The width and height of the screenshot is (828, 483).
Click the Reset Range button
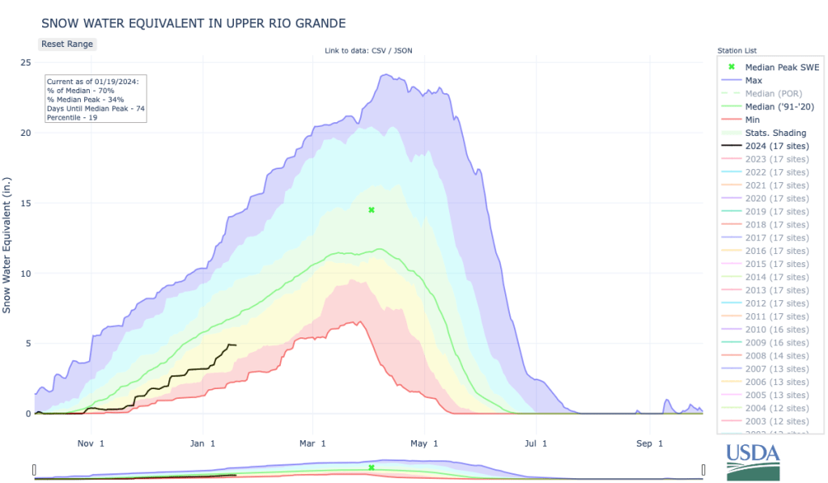(67, 44)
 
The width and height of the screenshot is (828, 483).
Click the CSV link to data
(378, 51)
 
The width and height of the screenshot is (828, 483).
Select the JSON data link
(403, 51)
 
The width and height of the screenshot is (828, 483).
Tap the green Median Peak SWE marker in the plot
(372, 210)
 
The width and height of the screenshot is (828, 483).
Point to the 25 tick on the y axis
(26, 63)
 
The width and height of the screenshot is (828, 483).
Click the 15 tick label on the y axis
(26, 203)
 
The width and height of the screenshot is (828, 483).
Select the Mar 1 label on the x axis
(312, 443)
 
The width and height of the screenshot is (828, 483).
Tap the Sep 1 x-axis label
(649, 443)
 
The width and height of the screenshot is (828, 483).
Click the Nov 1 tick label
(91, 443)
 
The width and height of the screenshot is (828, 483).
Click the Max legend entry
(753, 80)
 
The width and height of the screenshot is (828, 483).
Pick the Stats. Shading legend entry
(775, 133)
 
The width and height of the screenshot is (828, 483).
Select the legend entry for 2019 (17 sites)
(776, 211)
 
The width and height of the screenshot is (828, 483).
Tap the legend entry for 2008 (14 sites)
(776, 355)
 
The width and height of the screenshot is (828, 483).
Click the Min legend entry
(752, 120)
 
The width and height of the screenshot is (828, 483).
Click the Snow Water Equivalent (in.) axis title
(7, 244)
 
